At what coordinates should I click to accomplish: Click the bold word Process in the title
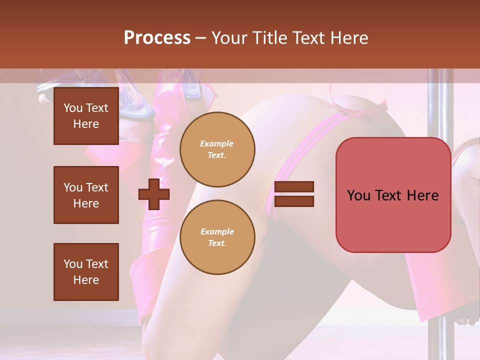point(157,38)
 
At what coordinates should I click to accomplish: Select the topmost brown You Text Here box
point(86,116)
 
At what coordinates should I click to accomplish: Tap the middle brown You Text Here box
point(86,195)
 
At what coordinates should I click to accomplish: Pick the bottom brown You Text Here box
point(86,272)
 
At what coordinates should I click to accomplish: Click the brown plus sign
point(154,194)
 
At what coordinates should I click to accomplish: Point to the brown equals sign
point(294,194)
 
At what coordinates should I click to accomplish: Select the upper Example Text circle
point(217,149)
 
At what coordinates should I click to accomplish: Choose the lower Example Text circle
point(217,237)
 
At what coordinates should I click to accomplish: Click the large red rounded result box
point(393,195)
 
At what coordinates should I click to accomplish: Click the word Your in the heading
point(228,38)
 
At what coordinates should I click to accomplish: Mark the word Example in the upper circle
point(216,143)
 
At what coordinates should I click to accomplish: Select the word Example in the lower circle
point(217,231)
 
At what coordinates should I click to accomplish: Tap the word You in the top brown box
point(72,108)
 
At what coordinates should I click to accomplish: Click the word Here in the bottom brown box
point(86,280)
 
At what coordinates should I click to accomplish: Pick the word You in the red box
point(359,195)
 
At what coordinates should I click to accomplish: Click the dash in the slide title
point(201,38)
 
